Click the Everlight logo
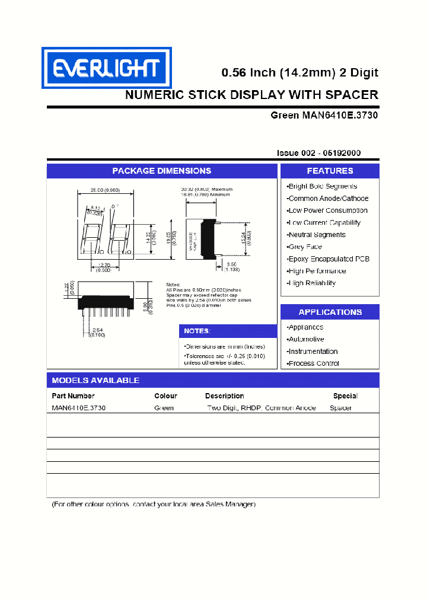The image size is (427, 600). click(106, 68)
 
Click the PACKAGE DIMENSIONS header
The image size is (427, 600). click(162, 171)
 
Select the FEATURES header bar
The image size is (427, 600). click(330, 171)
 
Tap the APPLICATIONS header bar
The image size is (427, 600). click(330, 312)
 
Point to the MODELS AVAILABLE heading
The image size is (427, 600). click(95, 380)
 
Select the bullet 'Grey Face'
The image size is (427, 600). click(305, 247)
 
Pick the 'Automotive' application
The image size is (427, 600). click(305, 339)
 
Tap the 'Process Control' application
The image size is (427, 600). click(313, 363)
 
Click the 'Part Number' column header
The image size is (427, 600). click(73, 395)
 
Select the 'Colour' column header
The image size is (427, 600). click(165, 395)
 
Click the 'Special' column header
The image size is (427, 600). click(345, 395)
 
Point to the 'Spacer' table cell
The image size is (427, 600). click(340, 408)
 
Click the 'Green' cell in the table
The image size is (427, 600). click(164, 408)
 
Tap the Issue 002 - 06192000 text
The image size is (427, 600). click(318, 153)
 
